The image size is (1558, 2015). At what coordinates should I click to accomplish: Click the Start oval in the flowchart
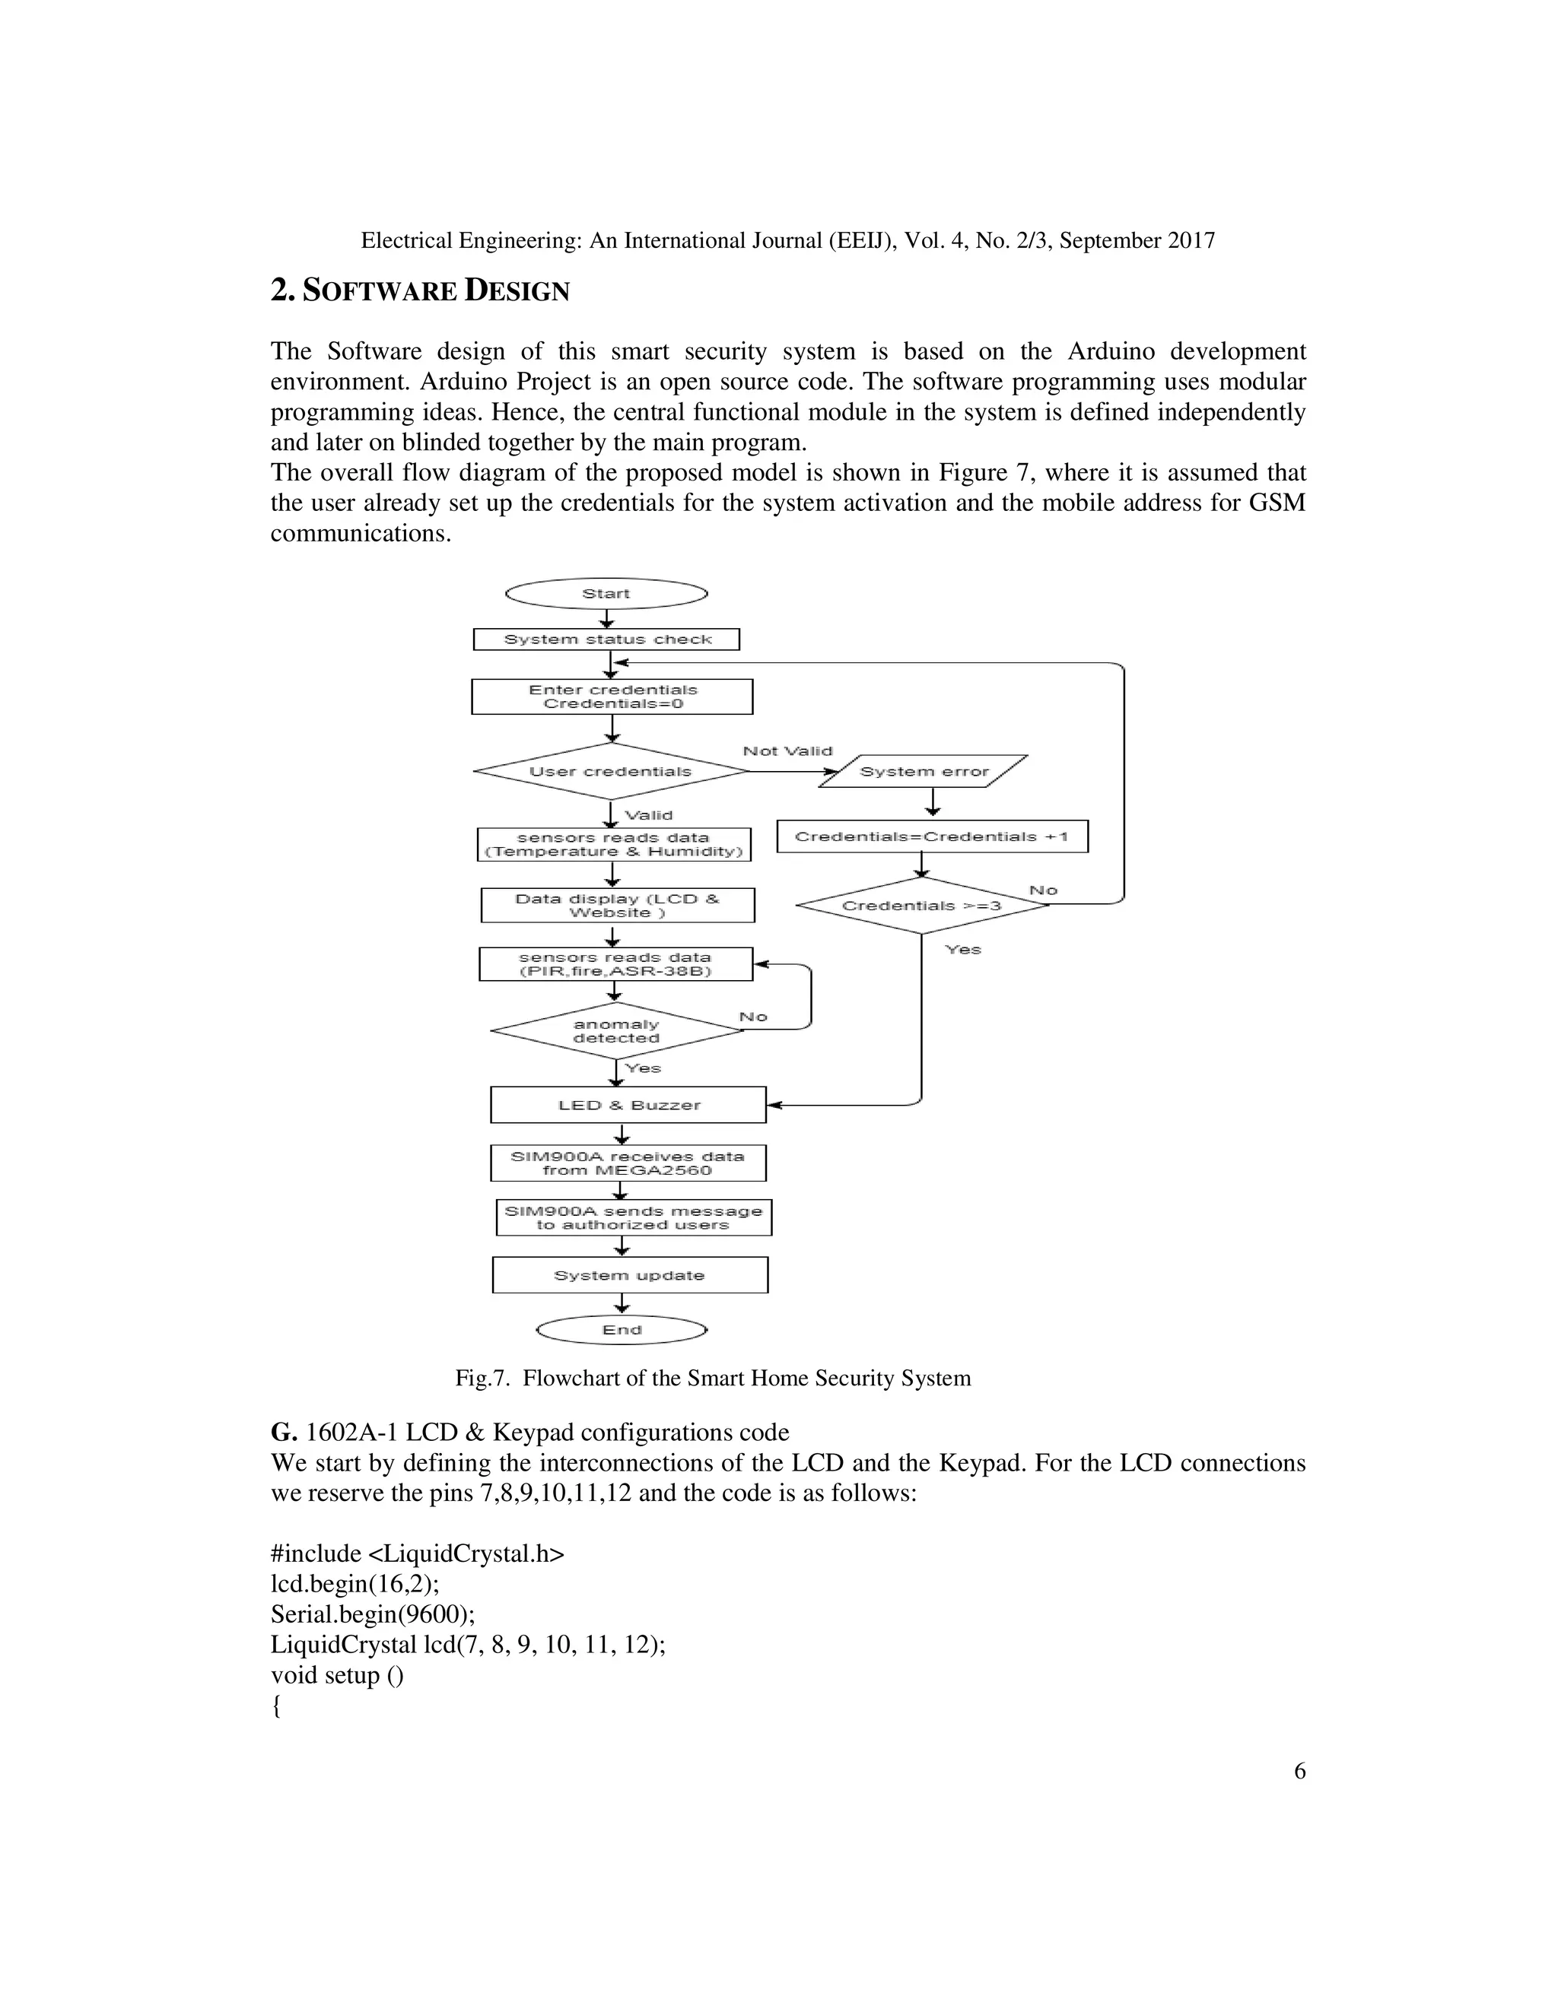[x=606, y=593]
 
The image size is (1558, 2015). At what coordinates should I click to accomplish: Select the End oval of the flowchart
[x=622, y=1329]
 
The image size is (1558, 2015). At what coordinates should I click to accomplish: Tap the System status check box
[x=606, y=639]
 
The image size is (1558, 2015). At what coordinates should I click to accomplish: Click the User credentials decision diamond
[x=610, y=771]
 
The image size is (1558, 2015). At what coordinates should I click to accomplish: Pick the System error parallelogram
[x=923, y=771]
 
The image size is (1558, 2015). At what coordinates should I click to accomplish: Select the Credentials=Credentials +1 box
[x=931, y=837]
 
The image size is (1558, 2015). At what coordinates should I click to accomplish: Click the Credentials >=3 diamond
[x=921, y=905]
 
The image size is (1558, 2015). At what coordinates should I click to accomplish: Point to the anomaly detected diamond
[x=615, y=1030]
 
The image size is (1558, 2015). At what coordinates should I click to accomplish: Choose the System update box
[x=629, y=1275]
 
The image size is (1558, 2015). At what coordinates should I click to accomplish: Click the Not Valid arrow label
[x=787, y=751]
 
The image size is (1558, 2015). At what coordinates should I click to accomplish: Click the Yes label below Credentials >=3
[x=962, y=950]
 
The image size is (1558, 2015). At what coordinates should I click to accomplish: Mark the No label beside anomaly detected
[x=753, y=1017]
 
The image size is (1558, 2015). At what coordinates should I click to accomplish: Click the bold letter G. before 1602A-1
[x=282, y=1433]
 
